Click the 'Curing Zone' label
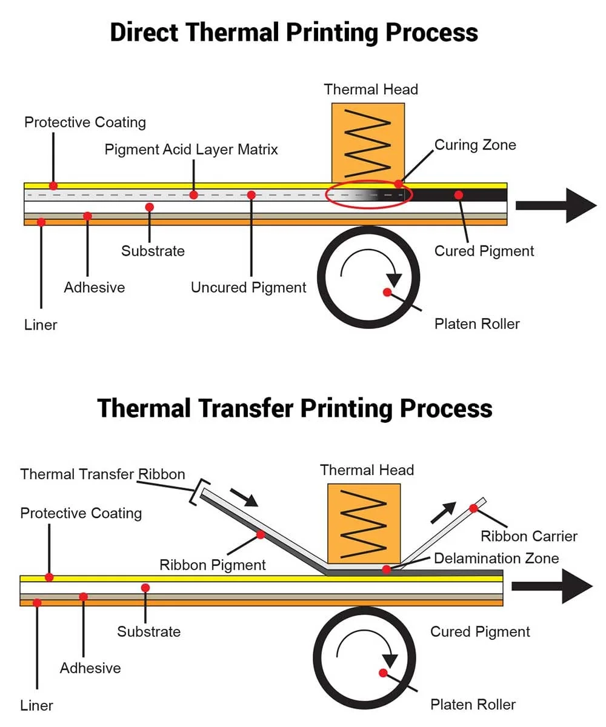475,145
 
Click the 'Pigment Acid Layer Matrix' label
191,150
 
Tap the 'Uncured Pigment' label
248,287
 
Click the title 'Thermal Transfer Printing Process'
295,408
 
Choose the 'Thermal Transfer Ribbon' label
102,474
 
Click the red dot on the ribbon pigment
261,534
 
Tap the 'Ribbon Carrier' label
528,536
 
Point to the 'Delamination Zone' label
496,558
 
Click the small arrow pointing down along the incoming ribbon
244,497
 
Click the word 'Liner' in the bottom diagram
36,705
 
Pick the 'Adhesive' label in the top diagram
94,287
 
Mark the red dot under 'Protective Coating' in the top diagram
53,185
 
